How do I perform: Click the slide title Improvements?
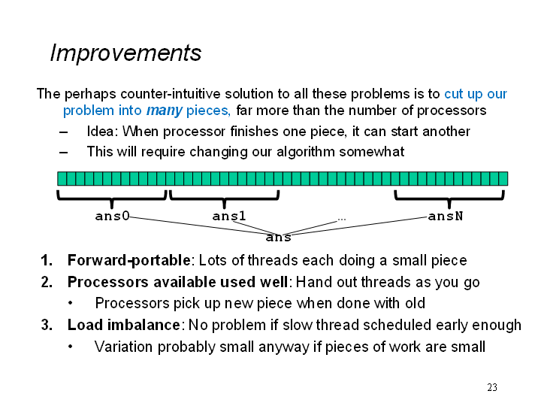(x=125, y=53)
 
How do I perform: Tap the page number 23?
(x=492, y=387)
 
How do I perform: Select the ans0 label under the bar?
(x=112, y=216)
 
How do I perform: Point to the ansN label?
(x=446, y=216)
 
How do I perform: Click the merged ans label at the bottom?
(x=279, y=238)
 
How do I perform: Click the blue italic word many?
(x=165, y=111)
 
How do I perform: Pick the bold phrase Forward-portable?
(x=128, y=260)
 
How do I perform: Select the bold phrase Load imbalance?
(x=123, y=325)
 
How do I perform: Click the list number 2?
(x=47, y=282)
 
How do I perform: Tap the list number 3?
(x=47, y=325)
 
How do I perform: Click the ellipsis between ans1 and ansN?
(x=342, y=219)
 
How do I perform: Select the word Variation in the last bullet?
(x=123, y=347)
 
